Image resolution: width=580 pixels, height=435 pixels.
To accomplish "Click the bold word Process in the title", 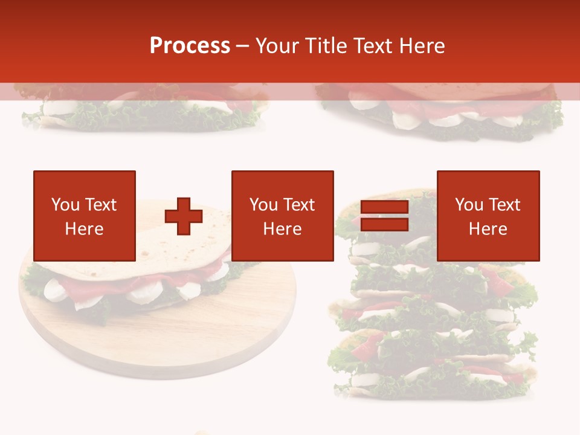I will (x=190, y=46).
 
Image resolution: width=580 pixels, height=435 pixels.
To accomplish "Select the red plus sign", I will (x=184, y=216).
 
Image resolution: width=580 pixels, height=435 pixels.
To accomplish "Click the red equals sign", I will (x=384, y=216).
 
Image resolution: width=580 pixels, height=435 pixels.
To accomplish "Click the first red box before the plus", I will (x=85, y=216).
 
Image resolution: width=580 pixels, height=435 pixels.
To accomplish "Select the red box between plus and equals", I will (x=282, y=216).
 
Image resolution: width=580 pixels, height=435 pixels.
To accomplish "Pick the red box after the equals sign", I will (x=488, y=216).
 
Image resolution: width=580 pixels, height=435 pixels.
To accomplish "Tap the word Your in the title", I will (x=277, y=46).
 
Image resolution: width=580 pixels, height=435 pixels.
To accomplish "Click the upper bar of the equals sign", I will (x=384, y=208).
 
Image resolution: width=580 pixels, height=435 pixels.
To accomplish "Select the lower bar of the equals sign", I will (x=384, y=225).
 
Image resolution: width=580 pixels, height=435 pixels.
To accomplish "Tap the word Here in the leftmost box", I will (x=85, y=229).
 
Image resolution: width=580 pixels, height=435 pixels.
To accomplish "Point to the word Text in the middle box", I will (x=299, y=205).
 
